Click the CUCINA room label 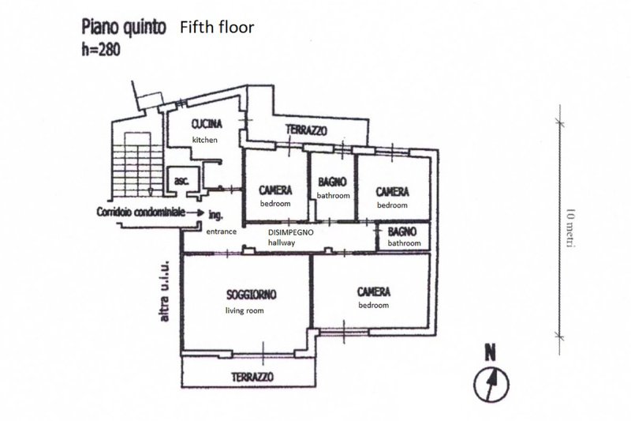[207, 124]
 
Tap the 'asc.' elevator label [181, 181]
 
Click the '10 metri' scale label [569, 229]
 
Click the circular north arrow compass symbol [491, 384]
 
